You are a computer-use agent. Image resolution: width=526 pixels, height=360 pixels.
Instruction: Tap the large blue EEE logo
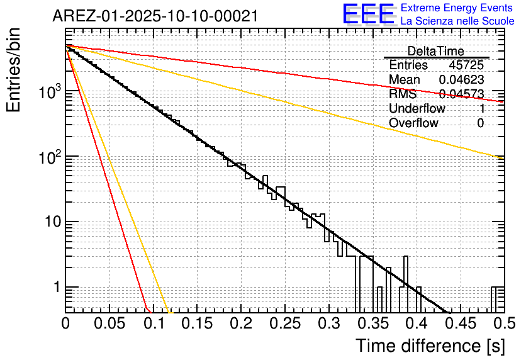click(x=368, y=14)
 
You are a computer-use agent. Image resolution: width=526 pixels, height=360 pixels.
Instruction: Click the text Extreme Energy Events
click(x=457, y=8)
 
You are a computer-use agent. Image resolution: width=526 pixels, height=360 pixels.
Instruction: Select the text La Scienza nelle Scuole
click(x=457, y=21)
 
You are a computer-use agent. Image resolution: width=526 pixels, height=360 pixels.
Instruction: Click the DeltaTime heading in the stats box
click(x=436, y=51)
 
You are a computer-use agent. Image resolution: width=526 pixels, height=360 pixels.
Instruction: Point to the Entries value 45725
click(x=466, y=65)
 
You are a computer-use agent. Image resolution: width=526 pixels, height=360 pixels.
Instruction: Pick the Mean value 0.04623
click(x=461, y=80)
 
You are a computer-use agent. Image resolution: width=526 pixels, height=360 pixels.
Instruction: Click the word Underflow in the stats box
click(x=417, y=109)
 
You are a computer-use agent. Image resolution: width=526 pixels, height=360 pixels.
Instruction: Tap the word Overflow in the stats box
click(x=413, y=123)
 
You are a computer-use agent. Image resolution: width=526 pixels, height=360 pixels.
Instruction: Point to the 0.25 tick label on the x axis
click(x=284, y=323)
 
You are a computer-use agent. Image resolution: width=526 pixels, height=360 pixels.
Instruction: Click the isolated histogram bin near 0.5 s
click(x=498, y=299)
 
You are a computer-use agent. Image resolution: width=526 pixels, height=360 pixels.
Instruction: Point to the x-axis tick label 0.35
click(x=372, y=323)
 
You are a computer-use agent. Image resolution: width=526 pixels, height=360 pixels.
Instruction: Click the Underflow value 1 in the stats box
click(x=482, y=109)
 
